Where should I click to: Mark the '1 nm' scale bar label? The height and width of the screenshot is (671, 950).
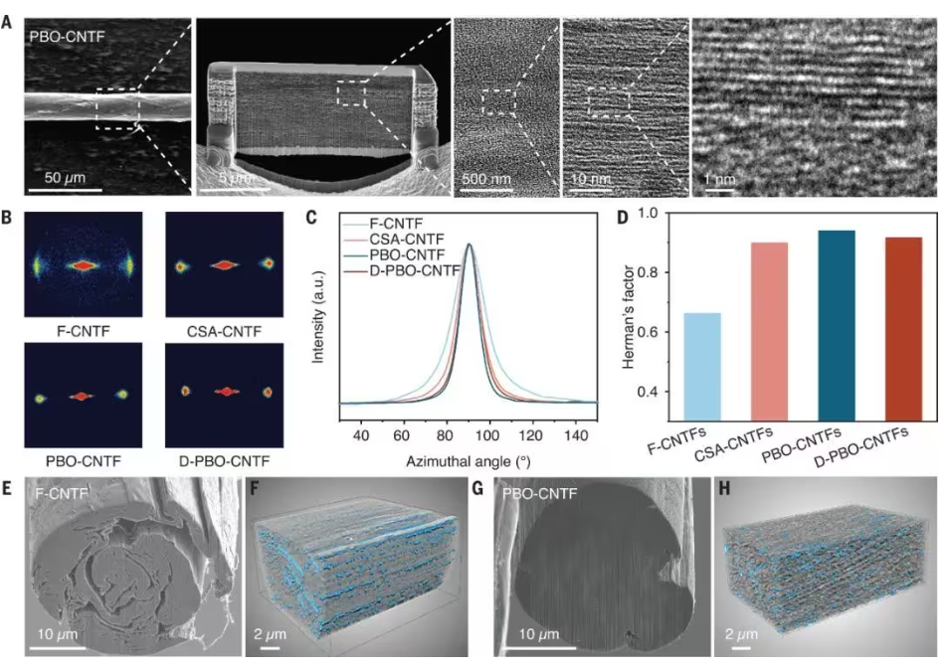pos(718,181)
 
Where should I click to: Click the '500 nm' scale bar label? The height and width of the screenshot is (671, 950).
pos(483,181)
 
